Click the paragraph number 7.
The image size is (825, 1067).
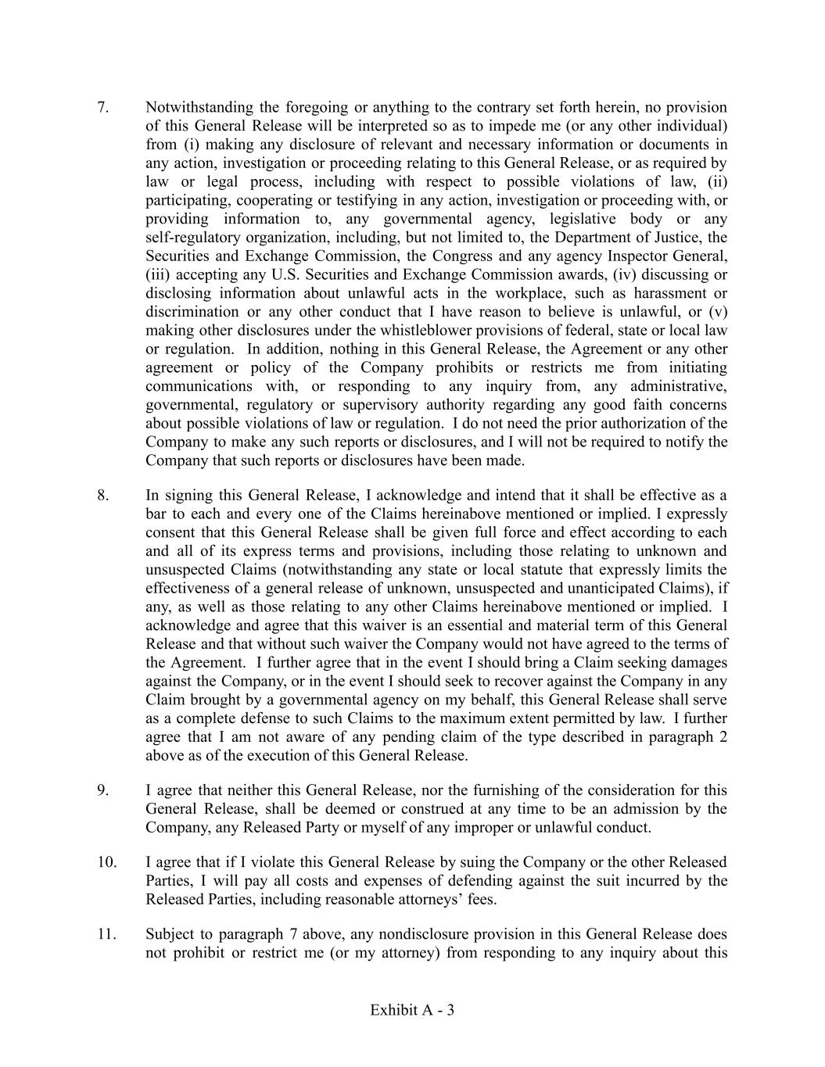tap(102, 107)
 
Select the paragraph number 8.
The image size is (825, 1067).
tap(102, 495)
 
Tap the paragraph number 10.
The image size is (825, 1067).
tap(106, 862)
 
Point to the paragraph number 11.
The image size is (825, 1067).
tap(106, 934)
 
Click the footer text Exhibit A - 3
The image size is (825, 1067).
tap(412, 1010)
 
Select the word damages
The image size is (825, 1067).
tap(699, 663)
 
